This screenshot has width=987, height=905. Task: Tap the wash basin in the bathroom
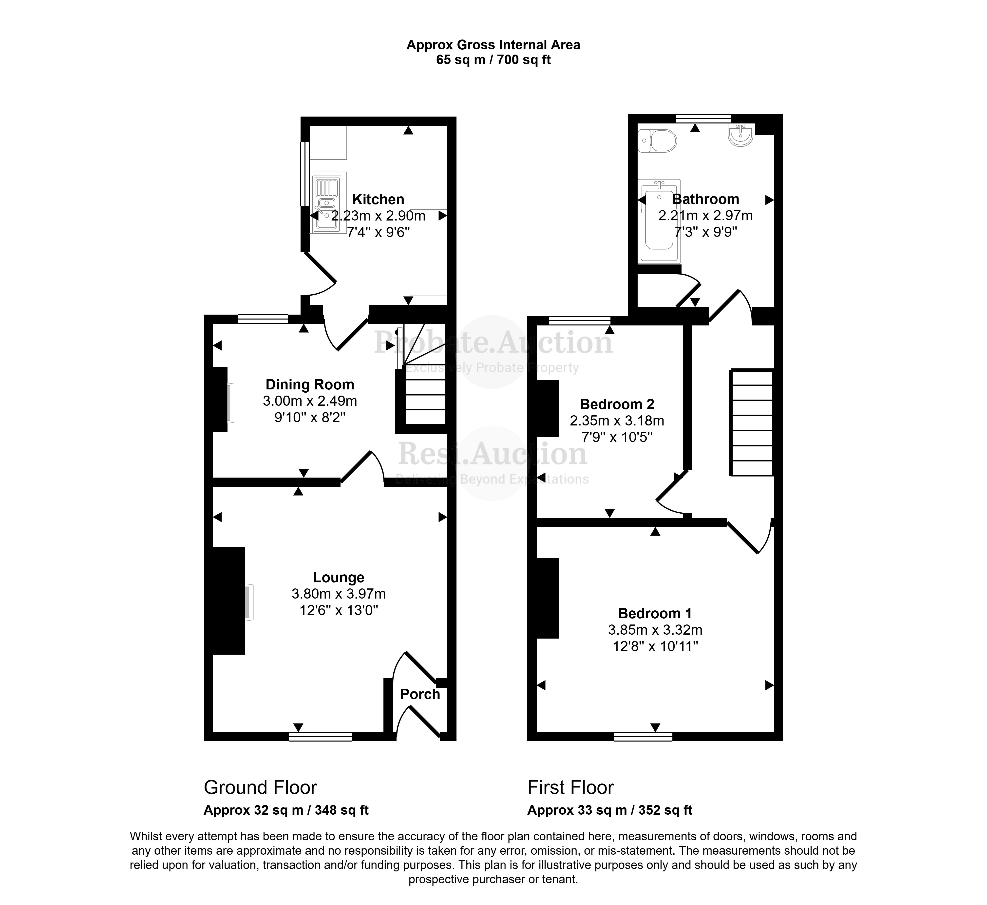click(741, 135)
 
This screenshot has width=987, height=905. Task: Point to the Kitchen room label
click(379, 200)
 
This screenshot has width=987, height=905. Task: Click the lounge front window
click(320, 736)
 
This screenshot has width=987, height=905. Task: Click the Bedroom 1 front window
click(643, 736)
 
